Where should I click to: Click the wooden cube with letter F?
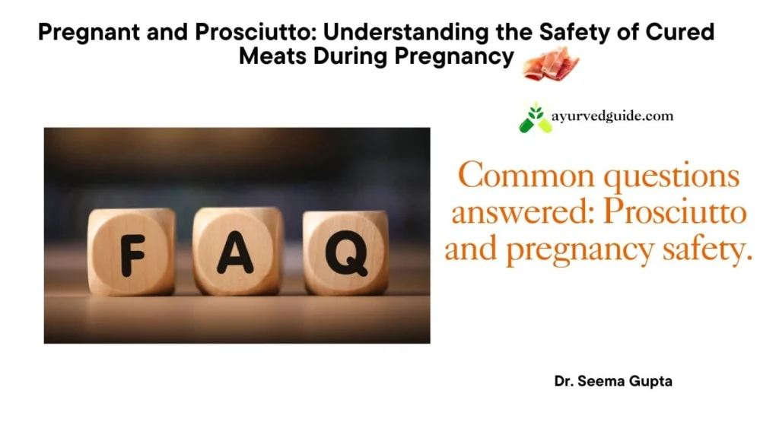pyautogui.click(x=132, y=252)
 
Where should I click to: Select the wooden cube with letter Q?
pyautogui.click(x=345, y=253)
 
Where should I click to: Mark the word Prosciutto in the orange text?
pyautogui.click(x=674, y=214)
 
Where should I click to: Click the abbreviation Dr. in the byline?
pyautogui.click(x=564, y=381)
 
